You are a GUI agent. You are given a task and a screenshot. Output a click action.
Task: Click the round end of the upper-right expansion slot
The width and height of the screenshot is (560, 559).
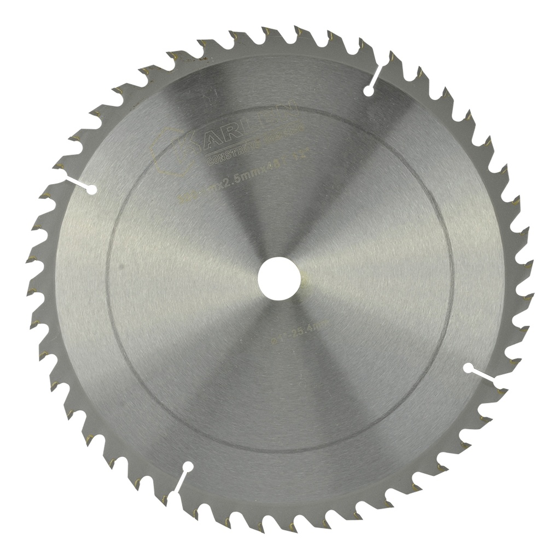point(367,91)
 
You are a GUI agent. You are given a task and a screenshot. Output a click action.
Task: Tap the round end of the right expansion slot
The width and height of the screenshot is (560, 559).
point(468,367)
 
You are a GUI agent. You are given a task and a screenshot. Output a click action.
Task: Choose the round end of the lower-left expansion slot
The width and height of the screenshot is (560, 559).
point(188,467)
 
